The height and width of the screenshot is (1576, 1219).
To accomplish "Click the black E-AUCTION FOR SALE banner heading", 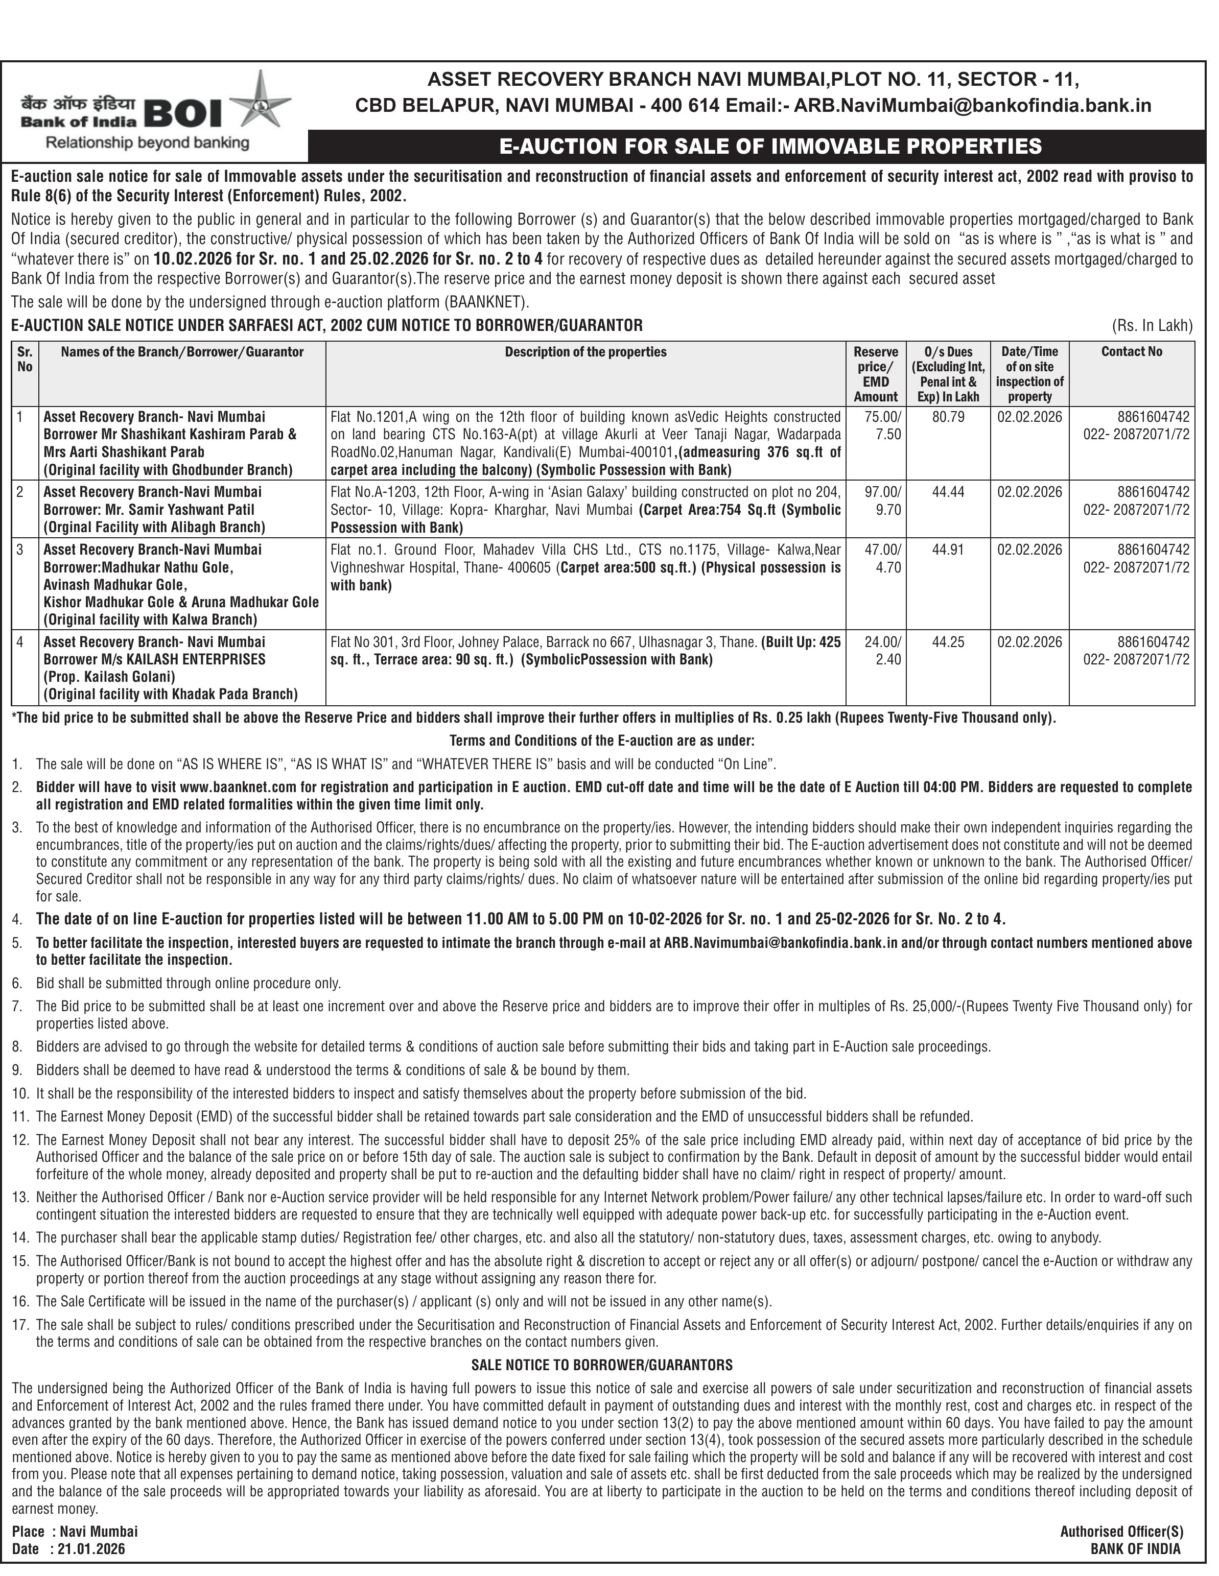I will click(x=770, y=147).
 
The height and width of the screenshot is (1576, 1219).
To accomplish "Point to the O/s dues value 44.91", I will click(x=948, y=550).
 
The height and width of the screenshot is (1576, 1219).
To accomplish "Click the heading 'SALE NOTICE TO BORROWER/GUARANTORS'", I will click(x=602, y=1365).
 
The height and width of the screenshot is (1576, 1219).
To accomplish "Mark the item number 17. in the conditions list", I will click(x=20, y=1325).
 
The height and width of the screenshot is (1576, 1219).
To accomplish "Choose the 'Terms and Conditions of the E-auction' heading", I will click(x=602, y=741).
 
